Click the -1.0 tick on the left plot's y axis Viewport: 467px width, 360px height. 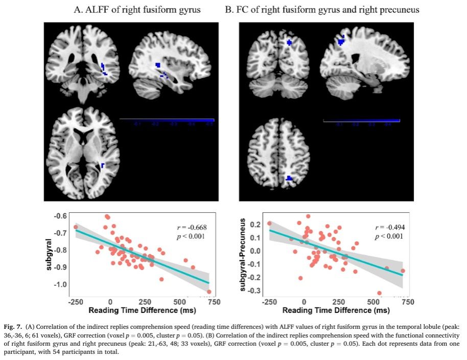coord(60,284)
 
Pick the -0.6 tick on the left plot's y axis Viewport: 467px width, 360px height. coord(60,216)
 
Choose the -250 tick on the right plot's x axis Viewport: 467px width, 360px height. coord(269,302)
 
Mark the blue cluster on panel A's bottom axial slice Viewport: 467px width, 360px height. coord(103,166)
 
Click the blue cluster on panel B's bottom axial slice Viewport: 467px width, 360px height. coord(289,178)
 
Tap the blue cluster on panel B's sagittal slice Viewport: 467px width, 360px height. coord(341,40)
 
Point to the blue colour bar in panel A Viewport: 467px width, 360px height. coord(167,120)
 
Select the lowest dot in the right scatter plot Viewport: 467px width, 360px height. coord(379,293)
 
